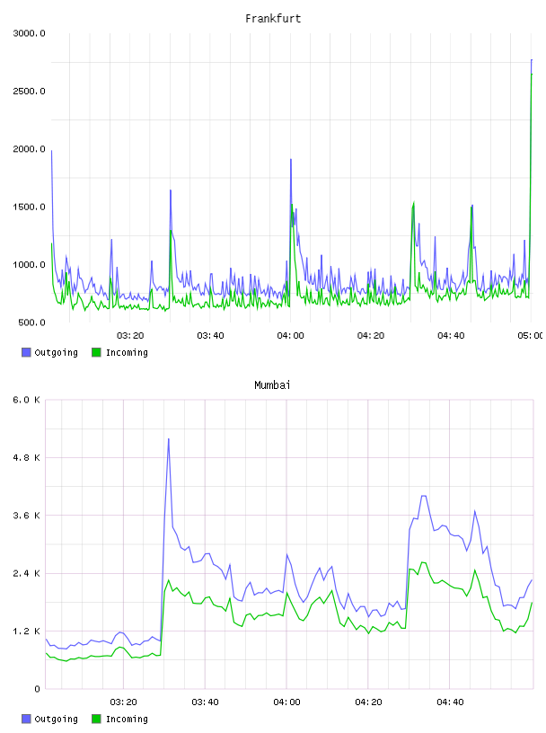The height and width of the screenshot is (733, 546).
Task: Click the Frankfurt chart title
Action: (x=273, y=19)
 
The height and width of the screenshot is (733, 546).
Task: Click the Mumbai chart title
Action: (x=272, y=385)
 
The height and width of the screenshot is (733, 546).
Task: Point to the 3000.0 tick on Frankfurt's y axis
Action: (x=29, y=33)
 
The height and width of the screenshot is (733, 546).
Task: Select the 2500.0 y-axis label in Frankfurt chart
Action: (x=29, y=91)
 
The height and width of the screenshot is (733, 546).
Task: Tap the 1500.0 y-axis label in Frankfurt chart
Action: (x=29, y=208)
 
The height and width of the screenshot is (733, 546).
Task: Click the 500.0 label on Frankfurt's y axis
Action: (x=31, y=322)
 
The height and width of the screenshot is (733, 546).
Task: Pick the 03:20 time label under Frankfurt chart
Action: (x=130, y=336)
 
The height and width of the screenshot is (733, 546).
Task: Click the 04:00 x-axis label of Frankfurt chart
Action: (x=290, y=336)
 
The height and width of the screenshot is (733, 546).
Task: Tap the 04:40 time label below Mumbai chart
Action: (x=450, y=702)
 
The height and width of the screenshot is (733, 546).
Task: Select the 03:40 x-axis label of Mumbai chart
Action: (x=206, y=702)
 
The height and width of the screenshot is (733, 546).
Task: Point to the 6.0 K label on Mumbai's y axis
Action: (x=27, y=400)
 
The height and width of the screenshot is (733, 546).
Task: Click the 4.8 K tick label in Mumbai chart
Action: (x=27, y=457)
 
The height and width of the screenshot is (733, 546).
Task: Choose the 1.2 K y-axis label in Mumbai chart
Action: (x=27, y=631)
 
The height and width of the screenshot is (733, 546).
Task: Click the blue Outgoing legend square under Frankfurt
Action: (x=26, y=352)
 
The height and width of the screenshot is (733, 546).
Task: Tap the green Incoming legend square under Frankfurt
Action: (x=96, y=352)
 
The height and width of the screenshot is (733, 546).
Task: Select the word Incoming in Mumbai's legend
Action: (x=127, y=719)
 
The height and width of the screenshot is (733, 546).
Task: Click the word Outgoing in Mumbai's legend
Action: (x=56, y=719)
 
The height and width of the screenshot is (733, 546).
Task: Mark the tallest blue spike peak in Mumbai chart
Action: (x=168, y=439)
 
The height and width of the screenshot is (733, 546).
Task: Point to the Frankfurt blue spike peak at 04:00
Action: (x=291, y=160)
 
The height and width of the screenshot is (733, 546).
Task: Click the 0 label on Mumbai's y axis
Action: (x=37, y=689)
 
